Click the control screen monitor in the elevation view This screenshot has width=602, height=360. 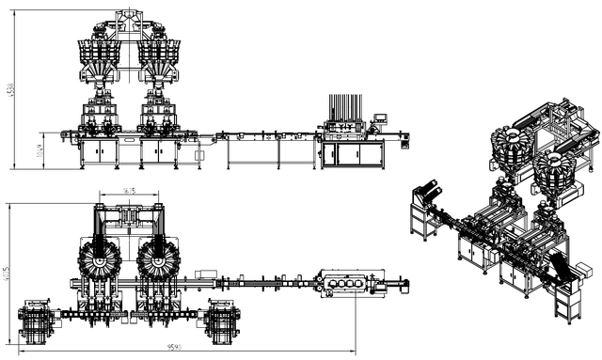click(x=381, y=118)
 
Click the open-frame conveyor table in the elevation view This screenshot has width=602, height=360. click(x=268, y=150)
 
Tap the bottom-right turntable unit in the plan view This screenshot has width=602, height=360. click(x=223, y=320)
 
